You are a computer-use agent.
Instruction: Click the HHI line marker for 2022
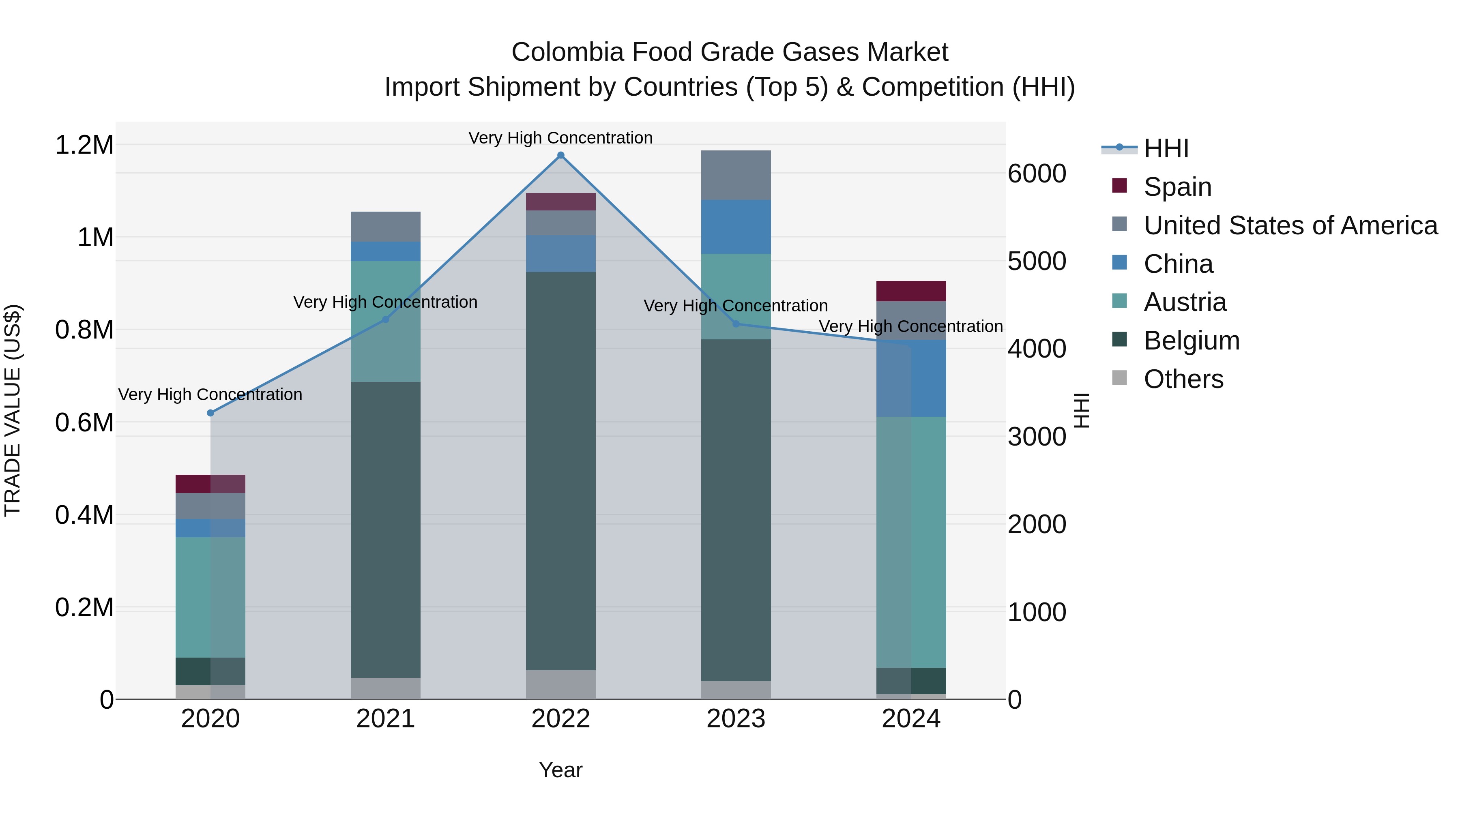click(560, 155)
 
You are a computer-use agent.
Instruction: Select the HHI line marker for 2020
click(210, 413)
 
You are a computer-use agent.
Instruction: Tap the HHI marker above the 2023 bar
click(736, 324)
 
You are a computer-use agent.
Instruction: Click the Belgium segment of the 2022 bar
click(560, 470)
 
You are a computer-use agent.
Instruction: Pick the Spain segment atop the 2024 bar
click(911, 291)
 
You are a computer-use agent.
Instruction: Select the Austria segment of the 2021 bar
click(385, 321)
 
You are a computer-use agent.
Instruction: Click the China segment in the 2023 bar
click(736, 227)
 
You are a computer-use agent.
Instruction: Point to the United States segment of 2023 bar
click(736, 175)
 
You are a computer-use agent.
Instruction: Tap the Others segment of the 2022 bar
click(560, 684)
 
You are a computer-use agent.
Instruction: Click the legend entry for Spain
click(1177, 187)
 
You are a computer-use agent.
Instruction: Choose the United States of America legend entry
click(1290, 225)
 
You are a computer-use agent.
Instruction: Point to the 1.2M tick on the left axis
click(84, 145)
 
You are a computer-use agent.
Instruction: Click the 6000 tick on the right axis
click(1037, 174)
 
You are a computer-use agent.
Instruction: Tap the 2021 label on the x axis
click(385, 719)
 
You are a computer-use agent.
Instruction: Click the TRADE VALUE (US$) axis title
click(13, 410)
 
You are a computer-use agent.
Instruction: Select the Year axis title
click(560, 770)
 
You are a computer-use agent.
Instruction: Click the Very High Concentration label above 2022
click(560, 138)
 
